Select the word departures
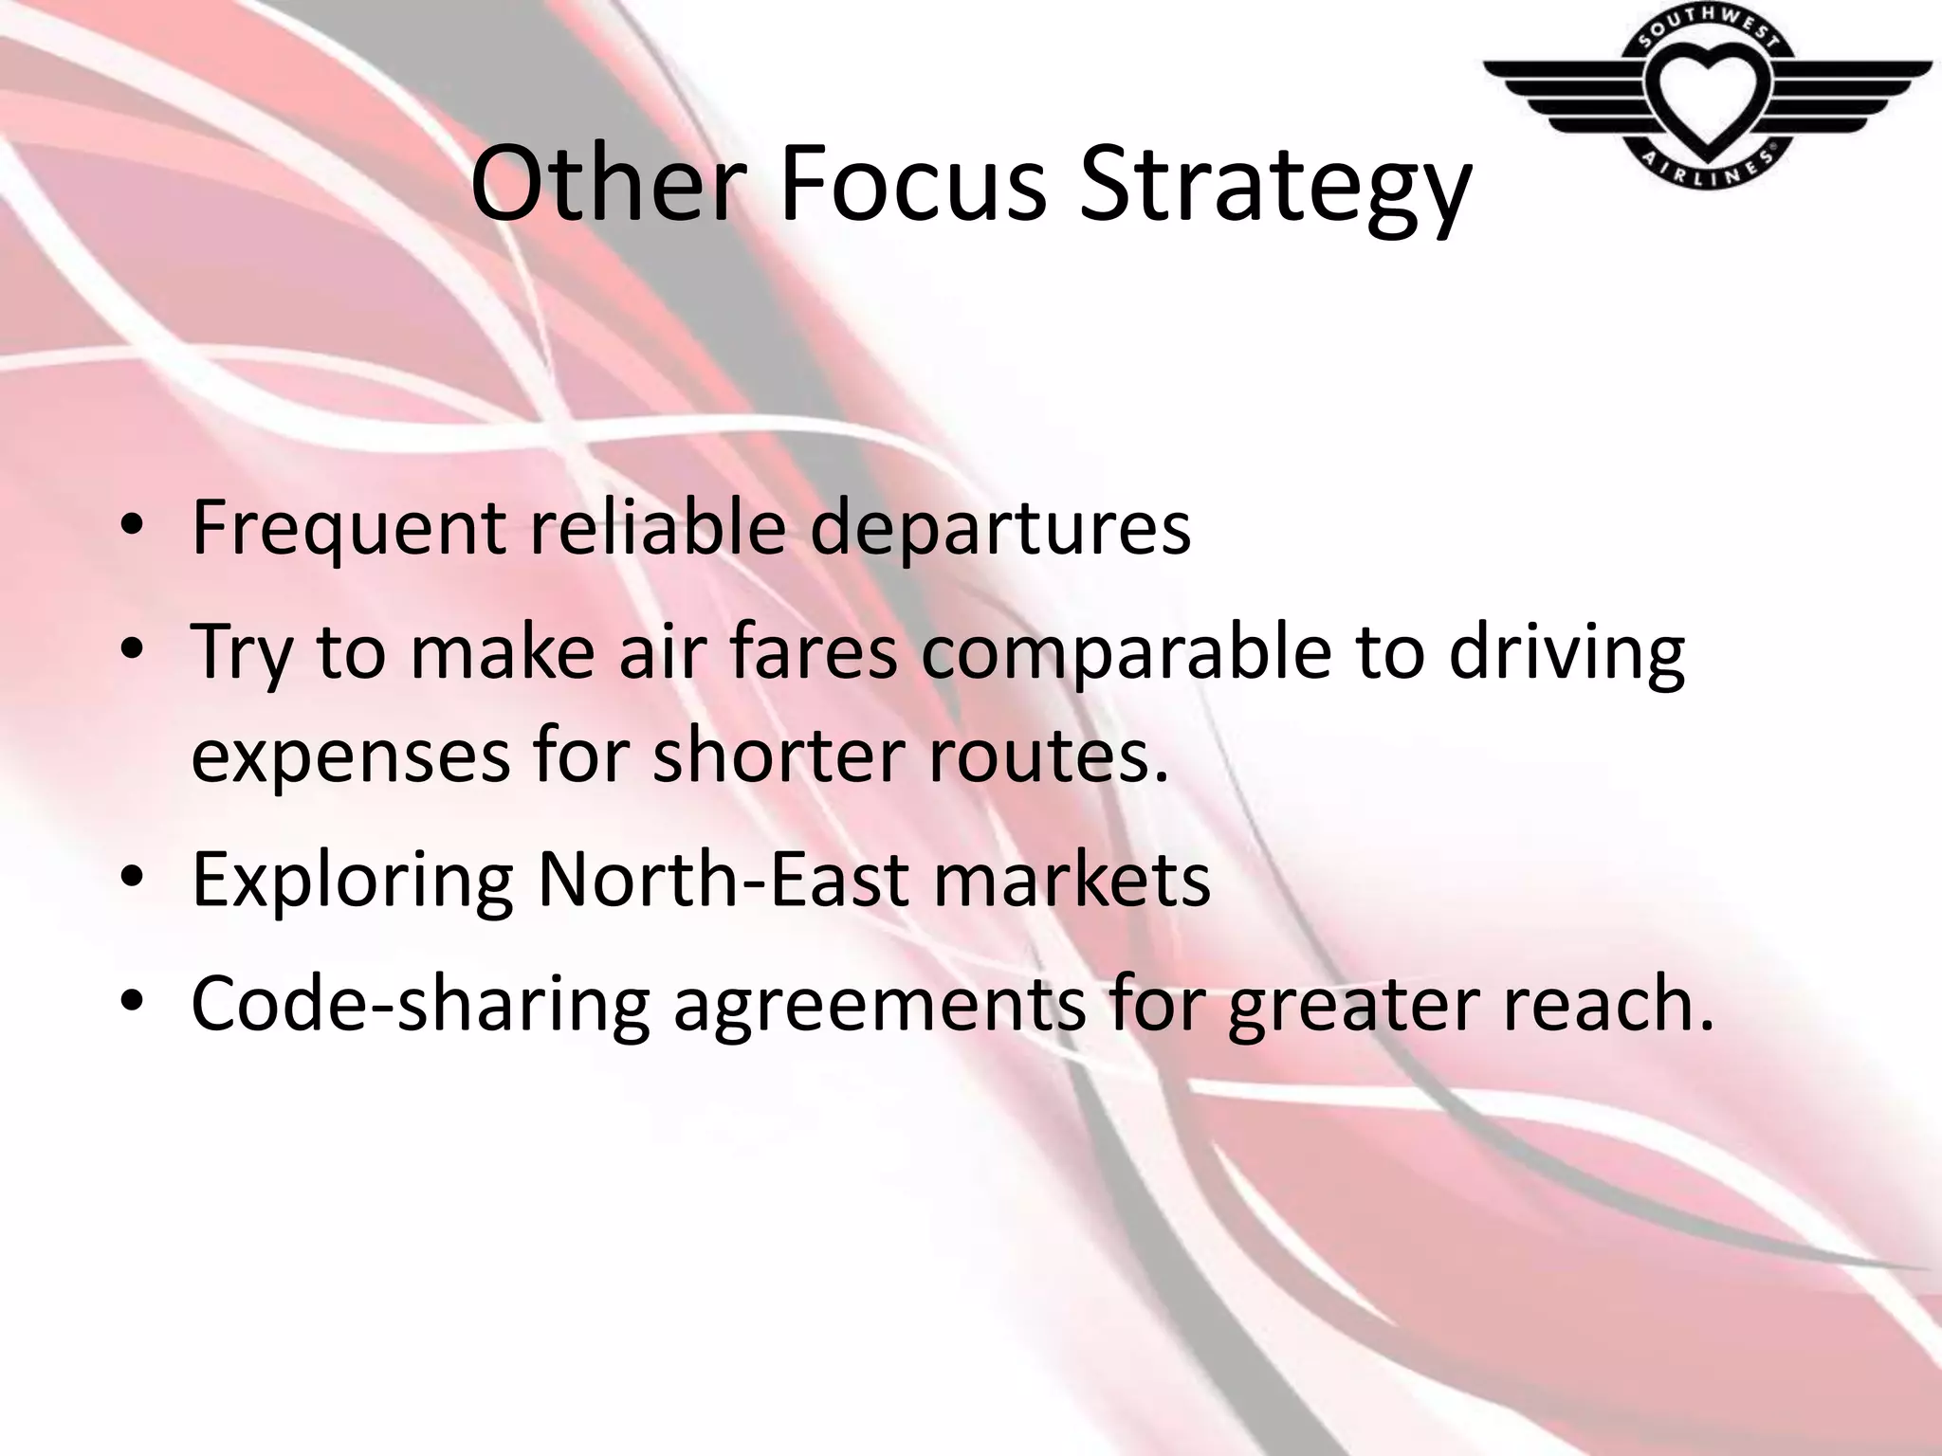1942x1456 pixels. (999, 529)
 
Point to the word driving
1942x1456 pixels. (1566, 654)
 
